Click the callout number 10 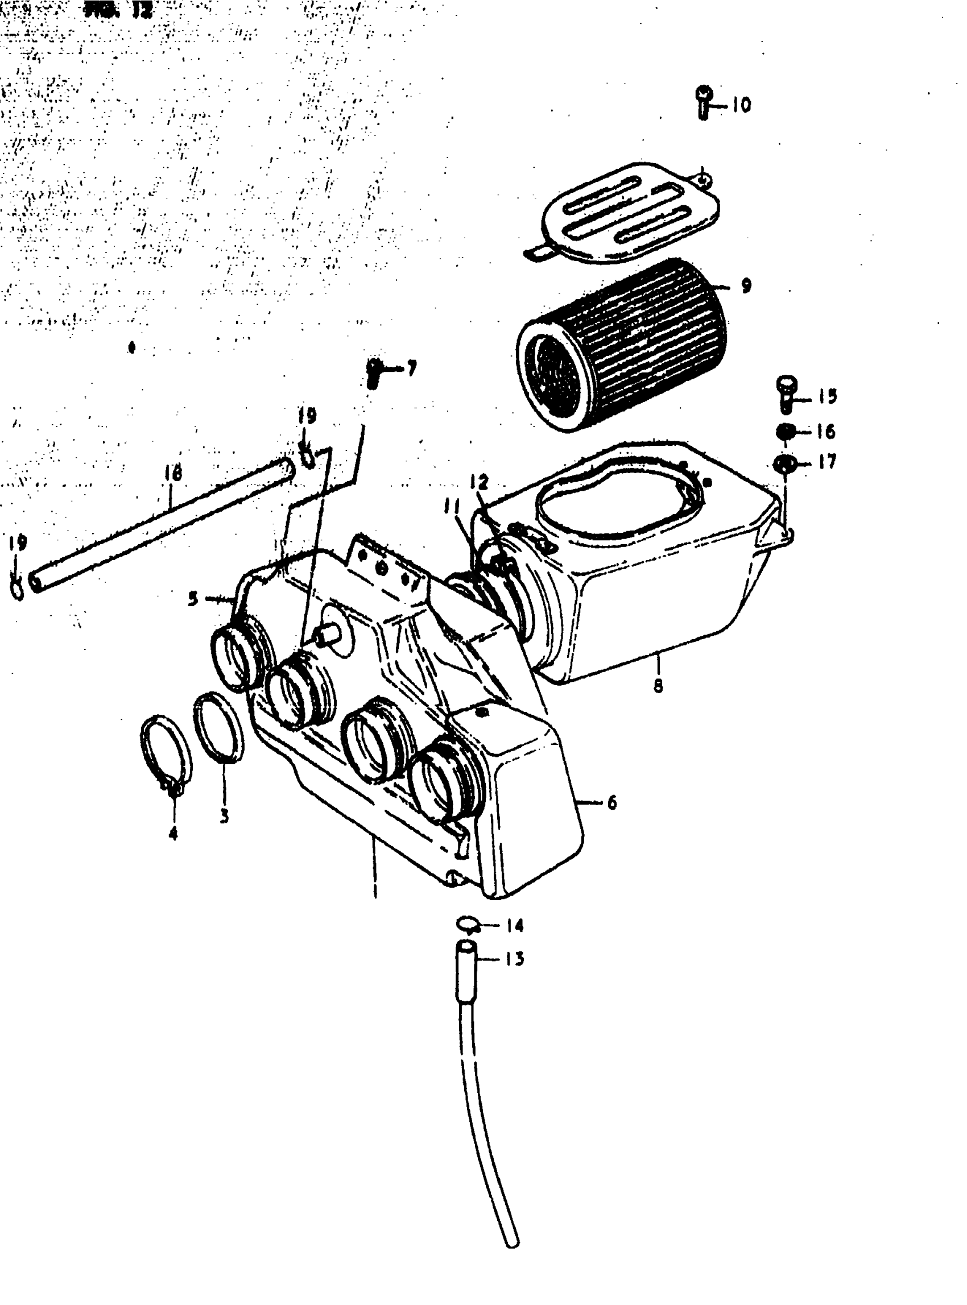tap(741, 105)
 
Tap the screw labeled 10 tap(704, 102)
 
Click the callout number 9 tap(745, 286)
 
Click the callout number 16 tap(825, 432)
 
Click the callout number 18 tap(173, 473)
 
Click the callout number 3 tap(224, 816)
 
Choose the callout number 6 tap(611, 802)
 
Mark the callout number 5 tap(193, 599)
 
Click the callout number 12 tap(478, 482)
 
